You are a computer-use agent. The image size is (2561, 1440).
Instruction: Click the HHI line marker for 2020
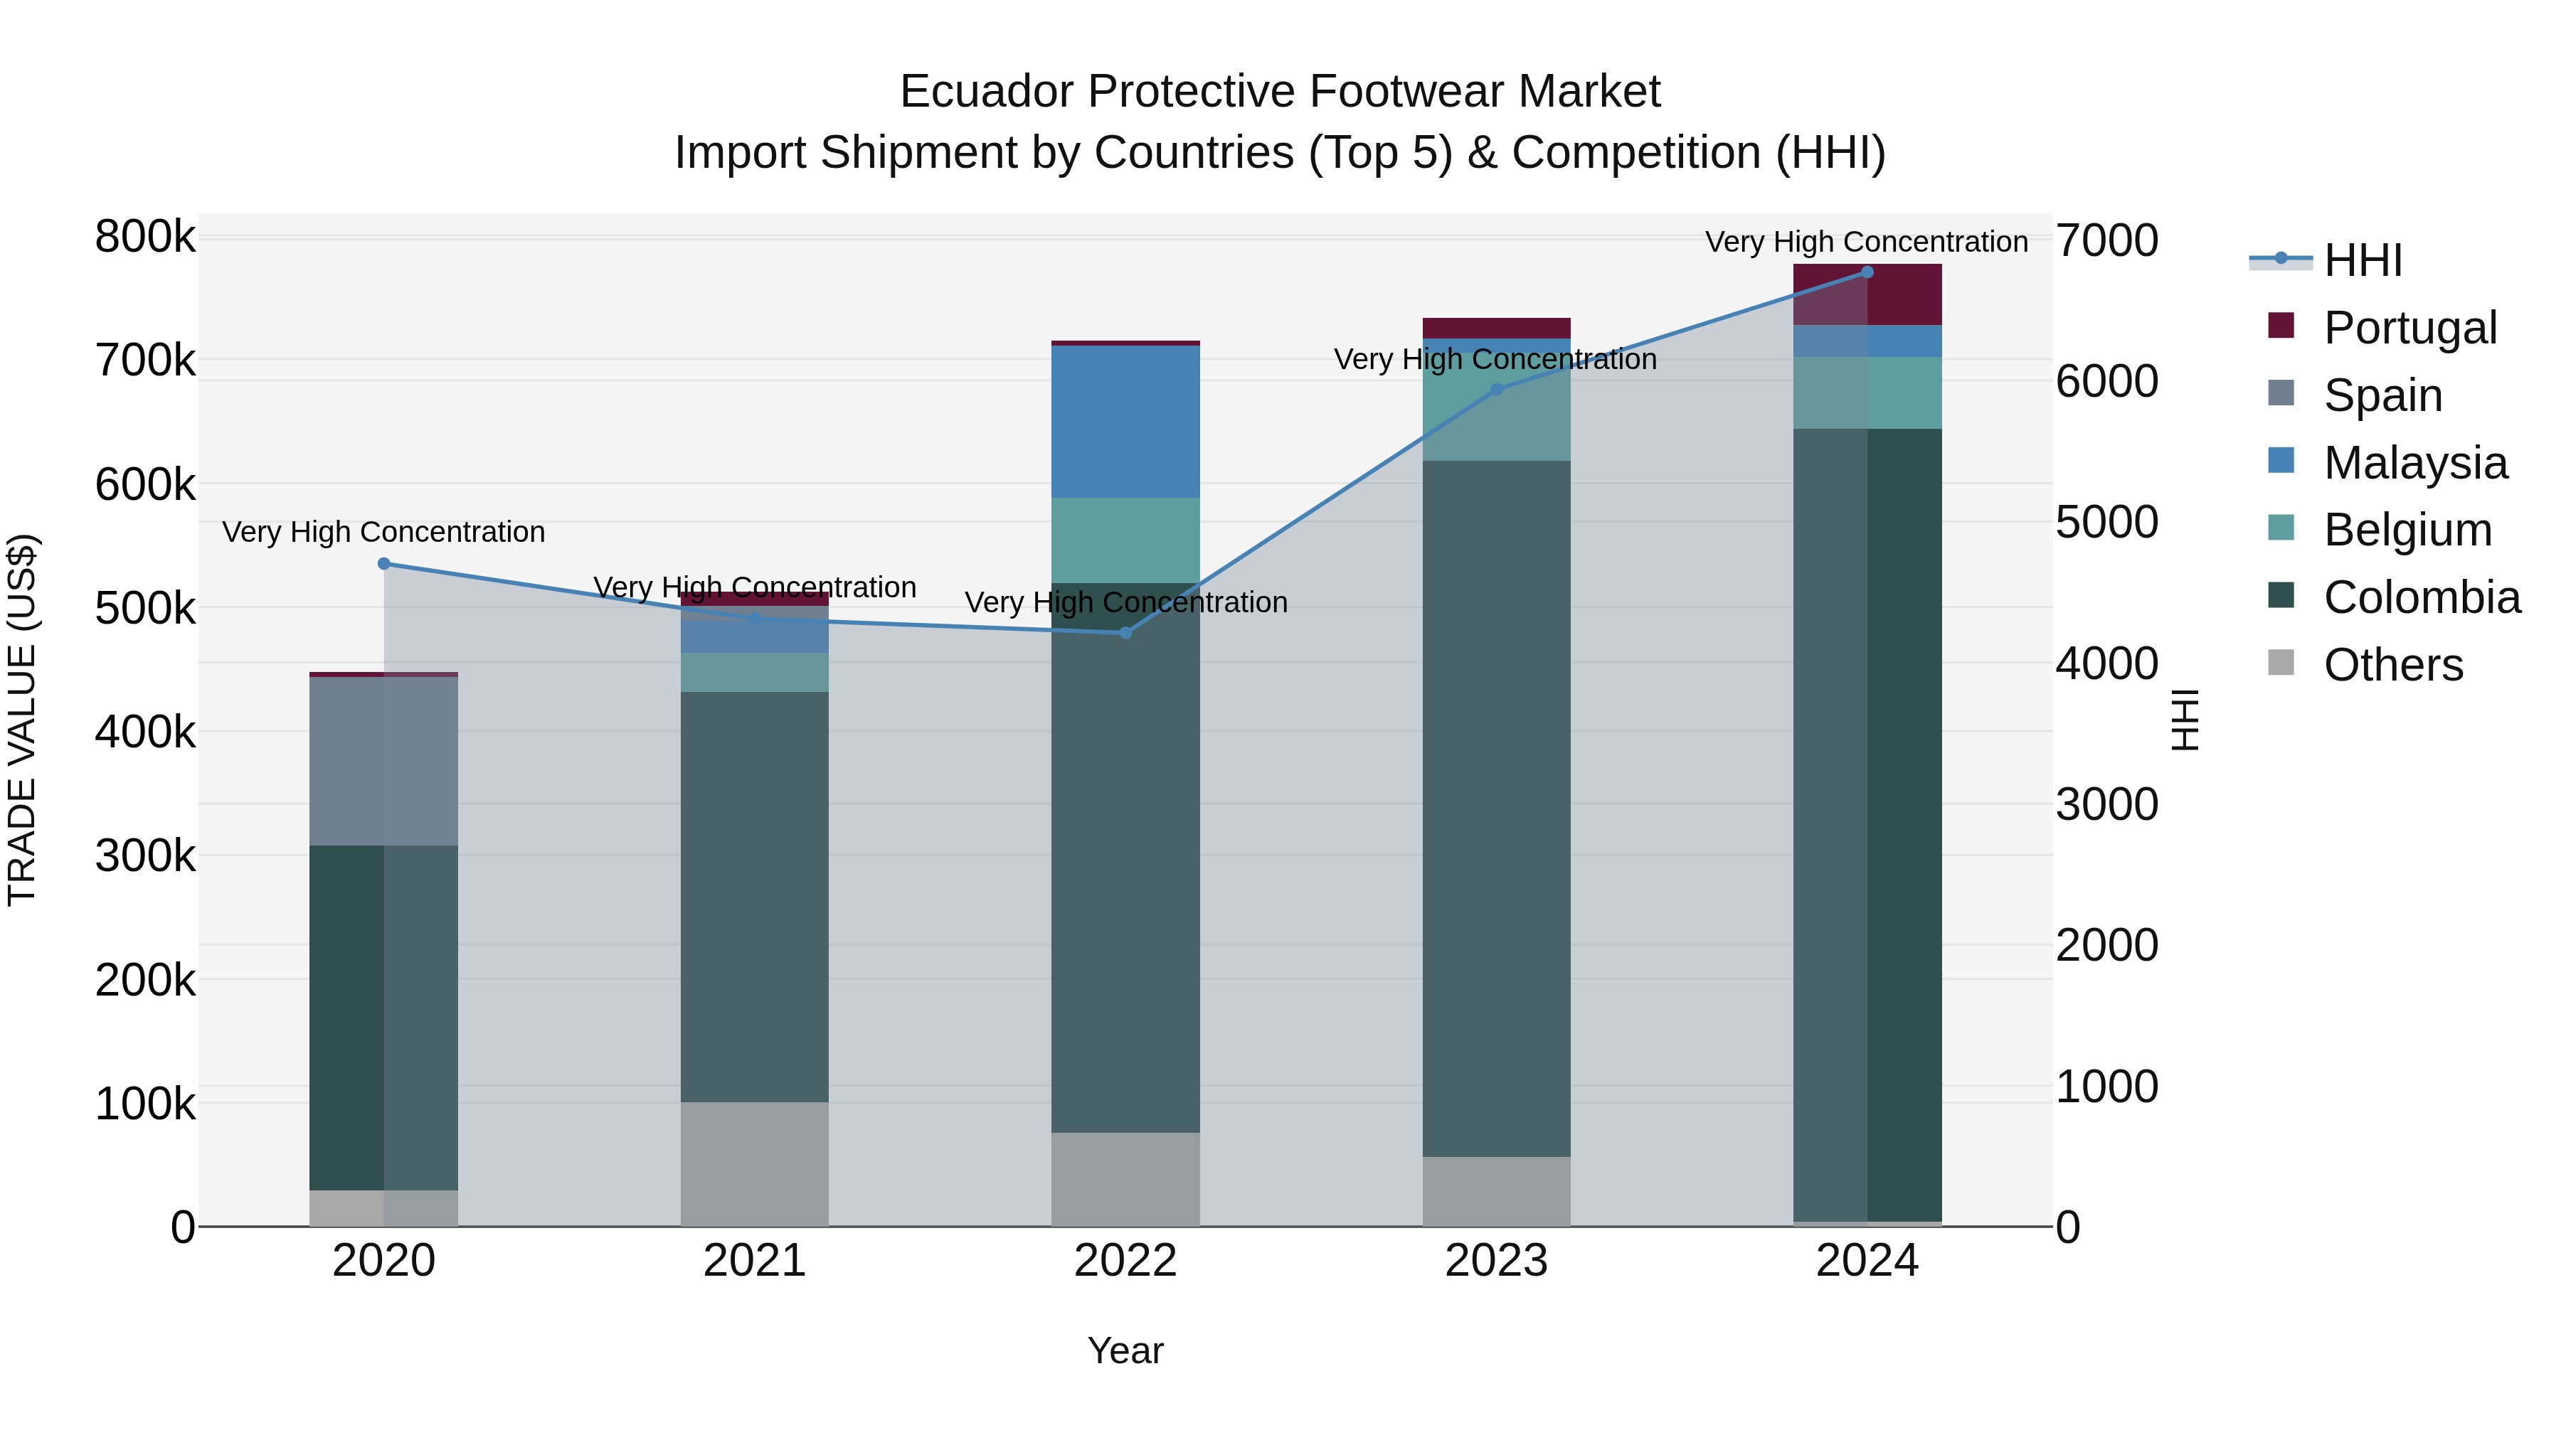tap(383, 563)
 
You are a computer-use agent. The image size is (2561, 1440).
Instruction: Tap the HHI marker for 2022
tap(1125, 633)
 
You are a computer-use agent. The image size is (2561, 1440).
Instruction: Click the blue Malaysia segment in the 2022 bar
tap(1125, 422)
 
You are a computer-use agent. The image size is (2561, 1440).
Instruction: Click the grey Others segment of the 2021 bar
tap(755, 1163)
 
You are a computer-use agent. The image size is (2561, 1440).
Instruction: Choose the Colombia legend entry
tap(2421, 597)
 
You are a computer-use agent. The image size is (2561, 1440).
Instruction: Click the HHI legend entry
tap(2362, 260)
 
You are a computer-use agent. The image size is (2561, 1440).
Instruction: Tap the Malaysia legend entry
tap(2414, 463)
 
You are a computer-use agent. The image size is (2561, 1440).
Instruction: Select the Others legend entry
tap(2392, 665)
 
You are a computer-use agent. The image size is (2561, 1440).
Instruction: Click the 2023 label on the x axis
tap(1496, 1261)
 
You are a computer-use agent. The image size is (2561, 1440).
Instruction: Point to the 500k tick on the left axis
tap(145, 608)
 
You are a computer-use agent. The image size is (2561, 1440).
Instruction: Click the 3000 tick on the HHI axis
tap(2106, 804)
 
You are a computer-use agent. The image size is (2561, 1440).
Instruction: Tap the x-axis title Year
tap(1125, 1350)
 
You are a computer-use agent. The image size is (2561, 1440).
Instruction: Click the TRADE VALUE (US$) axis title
tap(22, 720)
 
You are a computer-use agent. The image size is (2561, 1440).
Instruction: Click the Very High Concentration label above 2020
tap(383, 532)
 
